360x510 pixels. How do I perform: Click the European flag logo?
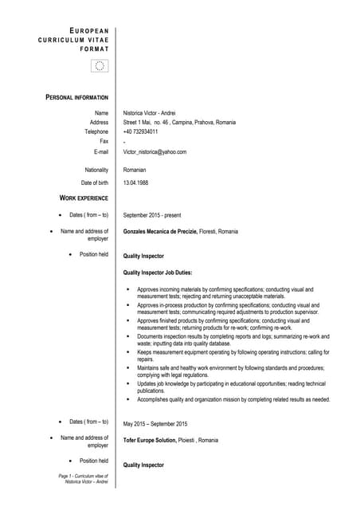99,66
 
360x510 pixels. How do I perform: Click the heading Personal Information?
77,97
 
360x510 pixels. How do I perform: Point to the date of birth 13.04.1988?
136,183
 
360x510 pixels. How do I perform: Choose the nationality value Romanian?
135,170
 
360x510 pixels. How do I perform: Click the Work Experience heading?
84,197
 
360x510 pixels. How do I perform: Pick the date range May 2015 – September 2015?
155,423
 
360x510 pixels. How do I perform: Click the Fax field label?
103,141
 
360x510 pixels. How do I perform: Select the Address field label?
99,123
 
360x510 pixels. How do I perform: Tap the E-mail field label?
100,151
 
